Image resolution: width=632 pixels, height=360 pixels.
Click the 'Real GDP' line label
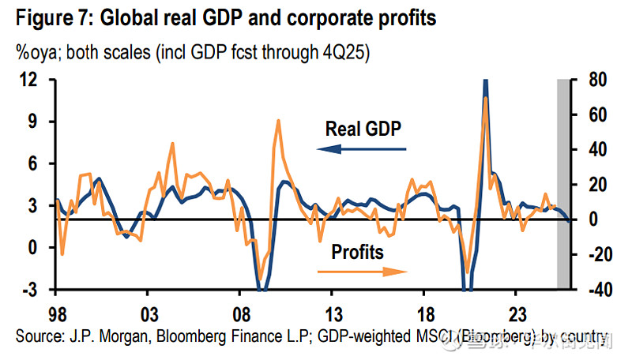tap(364, 127)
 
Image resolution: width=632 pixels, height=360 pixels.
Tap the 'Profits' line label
tap(357, 253)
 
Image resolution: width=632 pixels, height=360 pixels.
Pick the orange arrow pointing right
tap(361, 272)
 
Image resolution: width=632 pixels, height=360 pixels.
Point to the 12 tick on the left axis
tap(29, 80)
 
